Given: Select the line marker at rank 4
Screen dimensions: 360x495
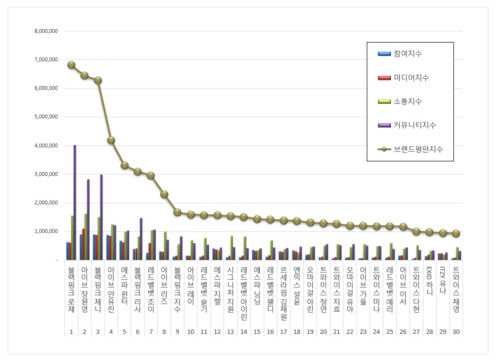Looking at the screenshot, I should (x=111, y=140).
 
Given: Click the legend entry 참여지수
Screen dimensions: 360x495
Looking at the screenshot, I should (x=408, y=54).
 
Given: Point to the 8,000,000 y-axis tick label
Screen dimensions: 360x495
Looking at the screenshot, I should (x=46, y=31).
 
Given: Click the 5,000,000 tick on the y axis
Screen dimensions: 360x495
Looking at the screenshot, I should (x=46, y=117).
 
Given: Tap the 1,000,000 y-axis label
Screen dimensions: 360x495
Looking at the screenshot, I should (x=46, y=231).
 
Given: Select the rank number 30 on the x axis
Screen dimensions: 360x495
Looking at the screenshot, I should (x=456, y=332).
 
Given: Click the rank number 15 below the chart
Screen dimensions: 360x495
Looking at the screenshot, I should (x=257, y=332).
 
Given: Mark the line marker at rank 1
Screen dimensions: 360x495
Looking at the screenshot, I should (x=71, y=65).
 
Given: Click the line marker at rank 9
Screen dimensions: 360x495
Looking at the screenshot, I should (x=177, y=212).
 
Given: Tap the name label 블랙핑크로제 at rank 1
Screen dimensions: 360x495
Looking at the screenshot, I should (x=71, y=286).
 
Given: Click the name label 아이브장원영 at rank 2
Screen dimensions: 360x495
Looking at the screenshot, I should (x=85, y=286).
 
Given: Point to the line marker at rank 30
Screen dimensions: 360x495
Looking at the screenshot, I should (x=456, y=234).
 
